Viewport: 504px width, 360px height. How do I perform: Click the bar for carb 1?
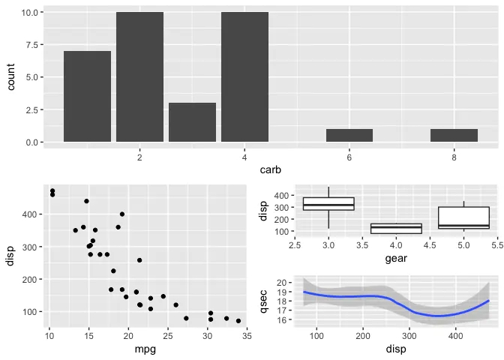click(x=87, y=97)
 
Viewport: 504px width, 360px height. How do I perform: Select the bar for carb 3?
click(x=192, y=122)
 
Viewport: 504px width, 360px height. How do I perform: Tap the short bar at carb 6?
click(x=349, y=136)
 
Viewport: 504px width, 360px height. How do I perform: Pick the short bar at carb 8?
click(x=454, y=136)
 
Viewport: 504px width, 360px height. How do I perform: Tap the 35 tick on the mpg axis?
click(x=247, y=335)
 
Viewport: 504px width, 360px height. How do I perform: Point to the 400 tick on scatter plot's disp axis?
click(x=31, y=214)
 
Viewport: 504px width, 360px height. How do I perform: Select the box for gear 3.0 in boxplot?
click(x=328, y=204)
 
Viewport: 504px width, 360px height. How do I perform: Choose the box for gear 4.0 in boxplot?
click(x=396, y=228)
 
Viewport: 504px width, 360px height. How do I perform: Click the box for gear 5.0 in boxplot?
click(x=463, y=217)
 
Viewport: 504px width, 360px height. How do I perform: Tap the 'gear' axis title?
click(x=396, y=259)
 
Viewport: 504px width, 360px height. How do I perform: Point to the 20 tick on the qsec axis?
click(x=282, y=282)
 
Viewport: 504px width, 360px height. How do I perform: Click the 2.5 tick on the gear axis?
click(x=295, y=245)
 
